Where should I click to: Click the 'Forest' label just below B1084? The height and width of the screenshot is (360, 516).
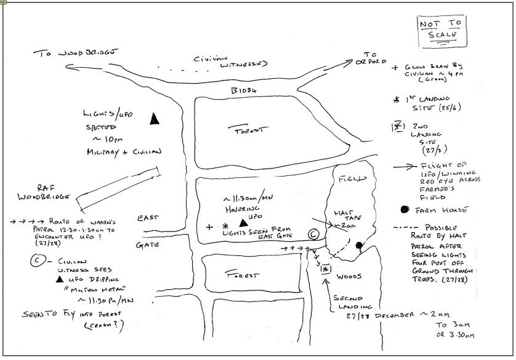[248, 130]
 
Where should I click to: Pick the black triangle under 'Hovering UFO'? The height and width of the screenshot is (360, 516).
[244, 220]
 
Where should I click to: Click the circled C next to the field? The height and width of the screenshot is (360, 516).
[313, 234]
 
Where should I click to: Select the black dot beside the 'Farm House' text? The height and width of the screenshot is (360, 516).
[405, 209]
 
